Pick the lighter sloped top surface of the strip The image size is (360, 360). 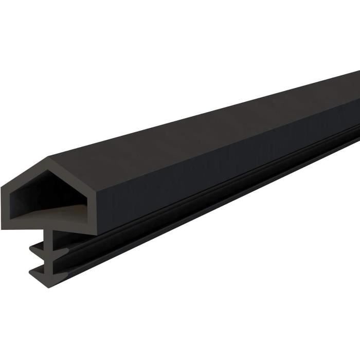206,129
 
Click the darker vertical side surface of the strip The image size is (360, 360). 206,170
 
